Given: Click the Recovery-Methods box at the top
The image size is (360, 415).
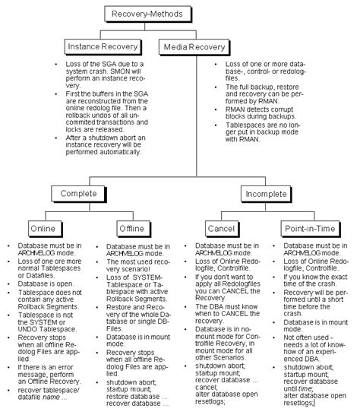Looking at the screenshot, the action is (147, 14).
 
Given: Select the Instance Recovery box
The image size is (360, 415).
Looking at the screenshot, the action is (103, 47).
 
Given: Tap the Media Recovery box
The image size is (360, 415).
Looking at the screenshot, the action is (194, 47).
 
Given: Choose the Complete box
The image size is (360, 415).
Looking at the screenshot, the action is (79, 194).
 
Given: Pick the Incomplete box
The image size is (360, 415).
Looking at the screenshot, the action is (266, 194).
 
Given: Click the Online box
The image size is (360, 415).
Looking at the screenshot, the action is (46, 229).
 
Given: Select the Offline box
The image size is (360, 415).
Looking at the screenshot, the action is (134, 229).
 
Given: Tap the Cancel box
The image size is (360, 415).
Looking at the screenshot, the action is (223, 229).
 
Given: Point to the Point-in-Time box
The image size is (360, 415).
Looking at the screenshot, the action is (311, 229).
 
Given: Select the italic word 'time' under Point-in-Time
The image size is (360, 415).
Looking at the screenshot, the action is (305, 389).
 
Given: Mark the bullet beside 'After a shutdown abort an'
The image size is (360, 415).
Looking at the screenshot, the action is (56, 138).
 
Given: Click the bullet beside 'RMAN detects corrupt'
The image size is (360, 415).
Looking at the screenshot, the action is (216, 109).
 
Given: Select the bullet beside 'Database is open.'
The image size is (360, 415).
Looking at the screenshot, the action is (8, 284).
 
